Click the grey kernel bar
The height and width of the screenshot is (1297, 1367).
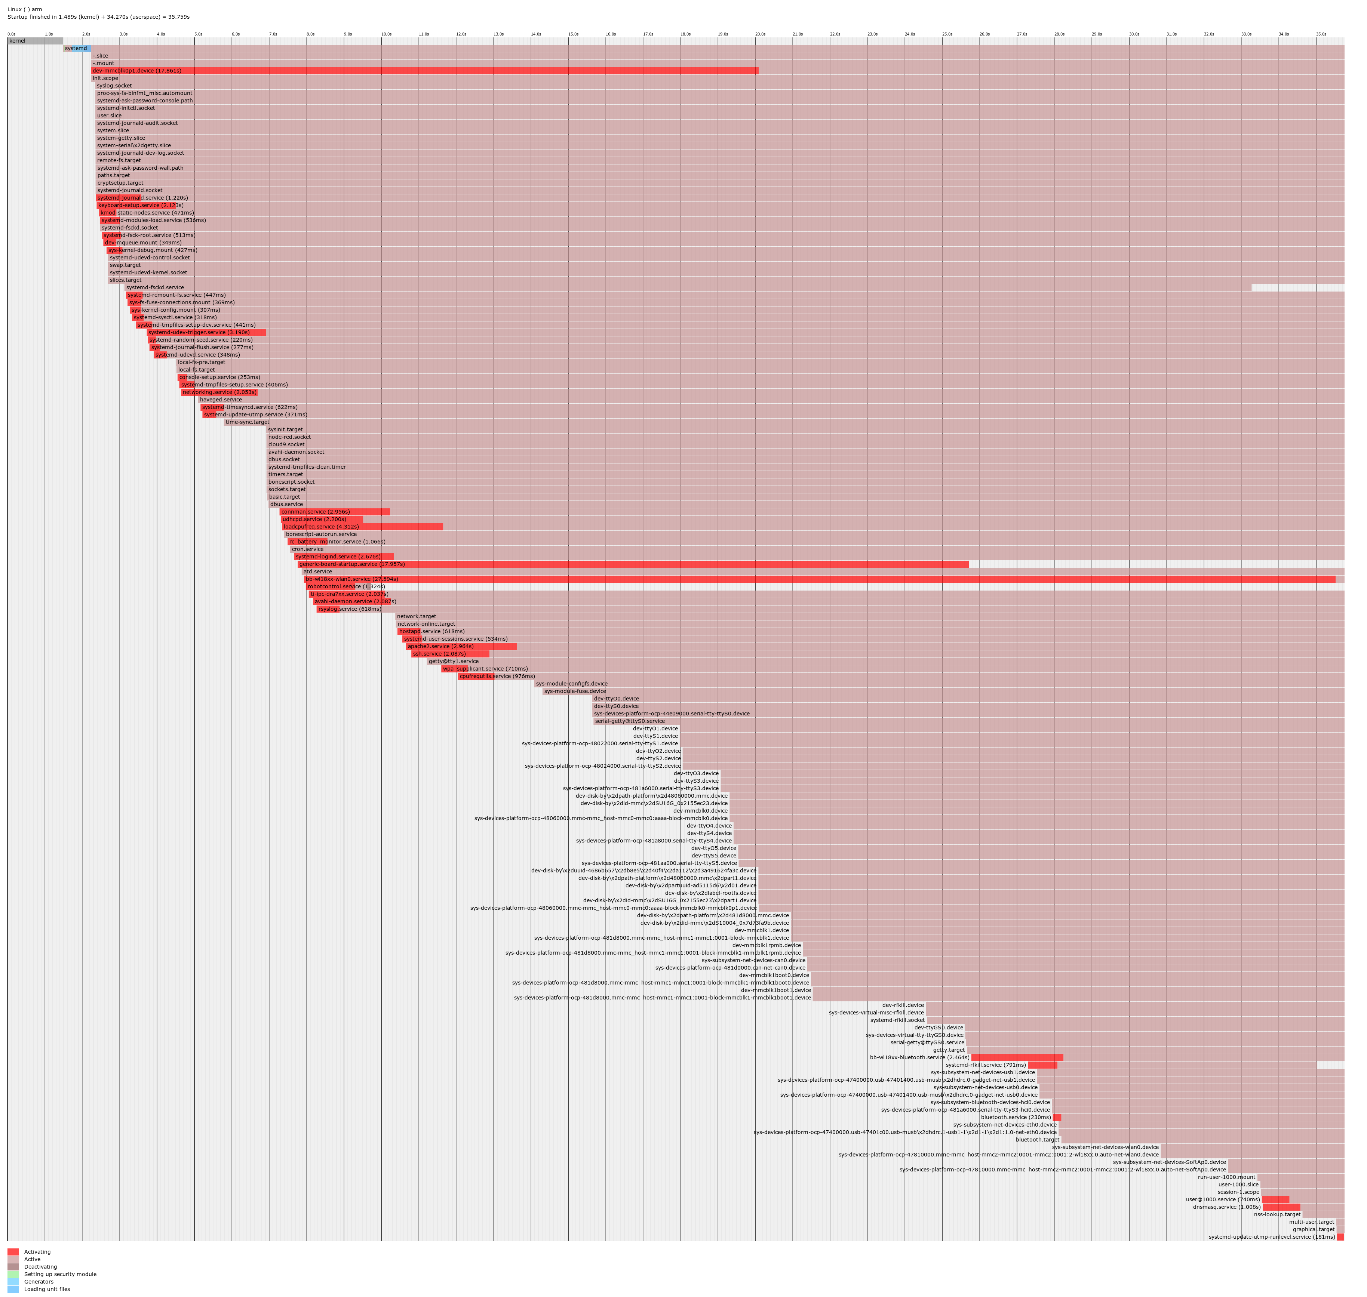pyautogui.click(x=34, y=41)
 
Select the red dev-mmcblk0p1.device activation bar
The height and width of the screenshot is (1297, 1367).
pyautogui.click(x=424, y=71)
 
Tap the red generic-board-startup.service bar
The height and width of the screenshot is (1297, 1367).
pyautogui.click(x=633, y=564)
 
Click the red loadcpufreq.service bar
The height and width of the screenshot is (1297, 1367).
pyautogui.click(x=362, y=527)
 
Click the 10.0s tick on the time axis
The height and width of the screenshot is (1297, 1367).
pyautogui.click(x=386, y=34)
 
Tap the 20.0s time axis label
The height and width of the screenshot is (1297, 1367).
pyautogui.click(x=760, y=34)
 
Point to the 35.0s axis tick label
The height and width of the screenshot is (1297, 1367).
pyautogui.click(x=1321, y=34)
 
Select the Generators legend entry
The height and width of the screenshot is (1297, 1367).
pyautogui.click(x=39, y=1282)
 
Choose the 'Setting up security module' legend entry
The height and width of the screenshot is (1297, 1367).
pyautogui.click(x=60, y=1274)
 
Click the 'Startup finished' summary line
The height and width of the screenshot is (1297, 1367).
pyautogui.click(x=98, y=16)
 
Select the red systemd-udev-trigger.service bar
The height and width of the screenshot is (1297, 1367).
pyautogui.click(x=206, y=333)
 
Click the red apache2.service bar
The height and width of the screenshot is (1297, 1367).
pyautogui.click(x=461, y=646)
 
